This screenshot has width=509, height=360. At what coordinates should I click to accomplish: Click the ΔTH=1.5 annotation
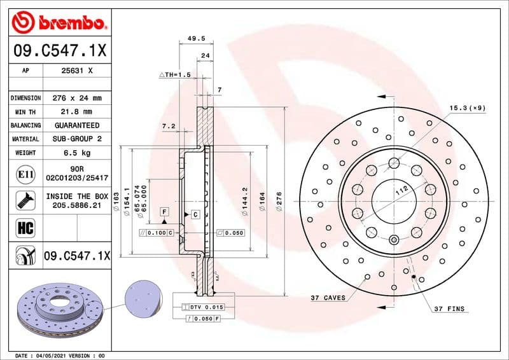(174, 74)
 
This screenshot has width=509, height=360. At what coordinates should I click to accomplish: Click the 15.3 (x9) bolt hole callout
(467, 108)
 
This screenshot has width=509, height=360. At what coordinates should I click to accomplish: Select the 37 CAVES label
(328, 298)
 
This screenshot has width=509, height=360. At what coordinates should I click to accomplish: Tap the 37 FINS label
(449, 309)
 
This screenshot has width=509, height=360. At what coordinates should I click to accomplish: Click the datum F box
(164, 211)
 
